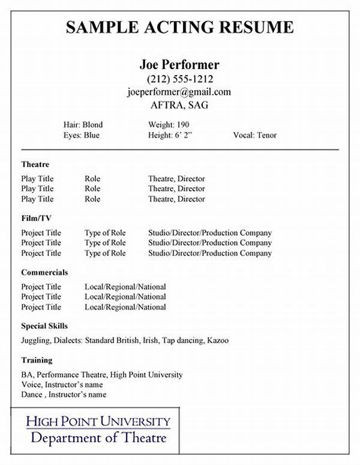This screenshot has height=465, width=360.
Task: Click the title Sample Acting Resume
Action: pos(179,27)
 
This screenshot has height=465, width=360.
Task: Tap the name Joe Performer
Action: pos(179,64)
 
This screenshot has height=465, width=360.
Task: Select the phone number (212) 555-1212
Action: pos(179,79)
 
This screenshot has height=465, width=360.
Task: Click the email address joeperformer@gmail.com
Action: pos(179,92)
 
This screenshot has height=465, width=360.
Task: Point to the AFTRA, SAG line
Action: pos(179,104)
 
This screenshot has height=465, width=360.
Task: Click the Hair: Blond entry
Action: pos(83,125)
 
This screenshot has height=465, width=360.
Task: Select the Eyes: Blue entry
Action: pos(81,136)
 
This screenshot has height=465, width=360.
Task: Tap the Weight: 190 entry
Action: pos(169,125)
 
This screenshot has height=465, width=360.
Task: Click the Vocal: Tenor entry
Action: pos(255,136)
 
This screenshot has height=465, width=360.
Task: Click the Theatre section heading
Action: pos(35,164)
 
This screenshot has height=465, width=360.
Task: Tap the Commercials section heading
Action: pos(44,272)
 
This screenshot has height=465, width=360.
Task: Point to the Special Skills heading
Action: pos(44,326)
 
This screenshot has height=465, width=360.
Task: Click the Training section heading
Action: pos(37,360)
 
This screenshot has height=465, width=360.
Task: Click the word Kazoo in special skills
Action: pos(218,340)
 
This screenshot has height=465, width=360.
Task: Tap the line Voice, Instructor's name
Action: pos(62,385)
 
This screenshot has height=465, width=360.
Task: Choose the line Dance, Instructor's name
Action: pos(64,395)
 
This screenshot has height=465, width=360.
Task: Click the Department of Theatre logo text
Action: pos(98,438)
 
